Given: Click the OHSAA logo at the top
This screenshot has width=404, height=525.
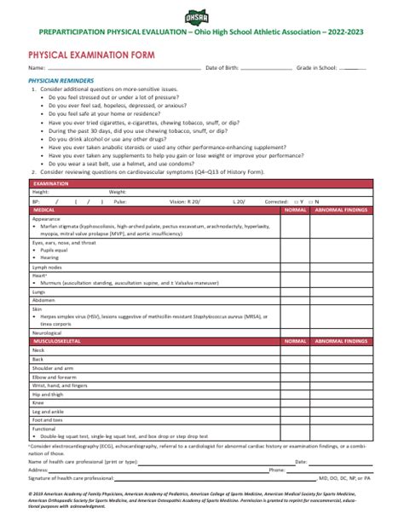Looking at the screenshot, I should tap(202, 14).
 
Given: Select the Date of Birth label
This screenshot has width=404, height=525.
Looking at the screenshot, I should tap(224, 67).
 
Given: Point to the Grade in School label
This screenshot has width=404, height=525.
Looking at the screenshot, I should tap(315, 67).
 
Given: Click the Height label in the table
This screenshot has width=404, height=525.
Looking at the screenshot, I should tap(40, 193).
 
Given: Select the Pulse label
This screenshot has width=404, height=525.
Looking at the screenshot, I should tap(120, 201).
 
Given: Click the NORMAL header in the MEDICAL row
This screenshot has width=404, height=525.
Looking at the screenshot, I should tap(295, 210).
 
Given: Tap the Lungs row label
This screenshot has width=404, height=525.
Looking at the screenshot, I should tap(38, 291).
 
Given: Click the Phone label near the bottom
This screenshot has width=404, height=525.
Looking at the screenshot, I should tap(276, 470).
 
